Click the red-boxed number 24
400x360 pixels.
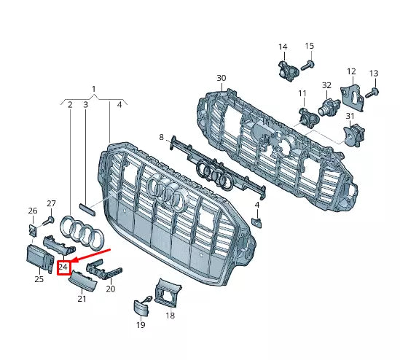63,267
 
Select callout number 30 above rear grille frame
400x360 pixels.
221,78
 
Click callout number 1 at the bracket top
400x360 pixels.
93,89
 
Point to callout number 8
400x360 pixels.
162,136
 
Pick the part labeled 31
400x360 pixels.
353,136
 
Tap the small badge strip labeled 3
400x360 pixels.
87,208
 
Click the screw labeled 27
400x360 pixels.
51,219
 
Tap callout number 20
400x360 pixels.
111,289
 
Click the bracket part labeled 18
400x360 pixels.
168,293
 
